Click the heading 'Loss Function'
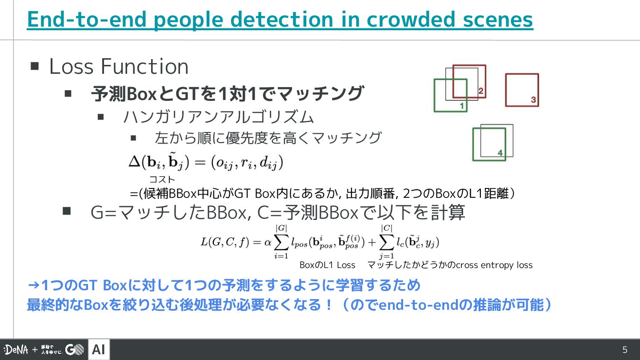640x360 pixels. click(119, 67)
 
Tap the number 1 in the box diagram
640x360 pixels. click(462, 106)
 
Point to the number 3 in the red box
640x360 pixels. click(533, 100)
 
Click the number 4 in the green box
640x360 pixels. click(500, 153)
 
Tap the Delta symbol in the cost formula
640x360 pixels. click(134, 162)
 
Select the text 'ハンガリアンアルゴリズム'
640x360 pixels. click(219, 117)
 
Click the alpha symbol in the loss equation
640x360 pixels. click(268, 242)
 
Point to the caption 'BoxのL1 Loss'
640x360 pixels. click(328, 265)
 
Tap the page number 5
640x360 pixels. click(624, 350)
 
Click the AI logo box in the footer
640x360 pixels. click(99, 350)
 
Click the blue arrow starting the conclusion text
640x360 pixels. click(33, 285)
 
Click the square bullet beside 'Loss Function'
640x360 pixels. click(35, 67)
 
